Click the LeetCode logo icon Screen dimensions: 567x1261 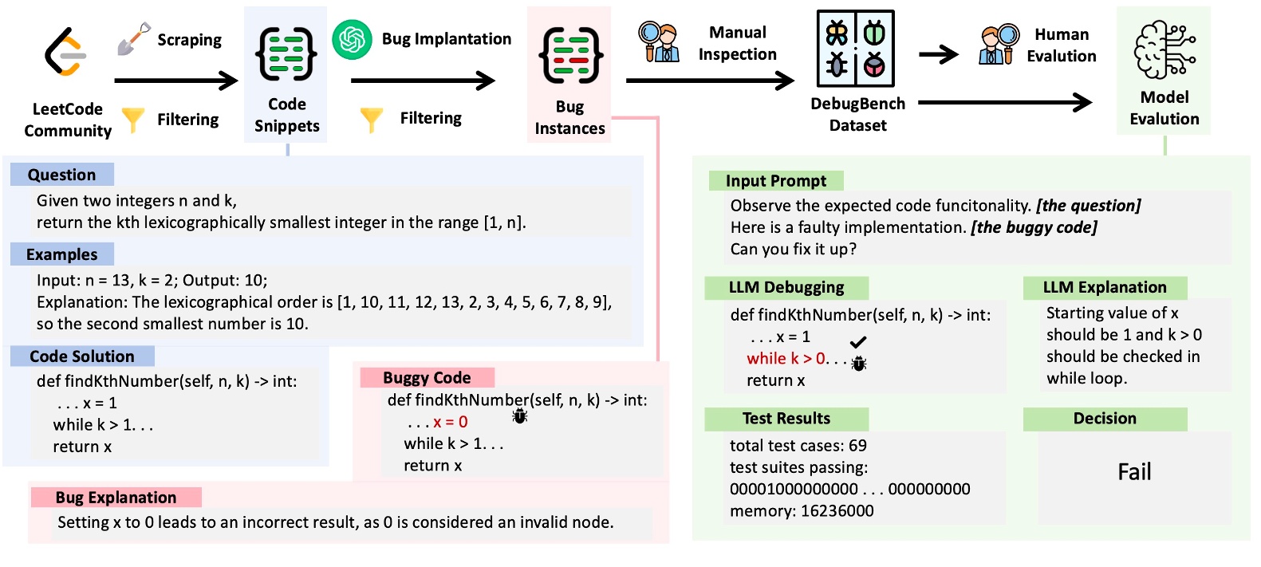coord(65,52)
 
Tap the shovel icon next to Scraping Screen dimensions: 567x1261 coord(133,38)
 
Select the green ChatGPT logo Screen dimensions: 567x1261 coord(352,39)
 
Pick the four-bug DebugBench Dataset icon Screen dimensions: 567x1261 coord(855,49)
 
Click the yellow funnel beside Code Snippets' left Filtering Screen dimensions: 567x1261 coord(132,120)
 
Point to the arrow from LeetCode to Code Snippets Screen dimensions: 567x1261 coord(176,80)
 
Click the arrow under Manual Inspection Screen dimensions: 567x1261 coord(710,80)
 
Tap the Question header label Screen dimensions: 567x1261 coord(61,175)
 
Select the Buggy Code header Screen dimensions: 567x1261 coord(427,377)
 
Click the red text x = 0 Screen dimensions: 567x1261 coord(451,422)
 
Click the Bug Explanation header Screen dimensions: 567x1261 coord(116,498)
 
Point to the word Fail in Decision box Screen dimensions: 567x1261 coord(1133,472)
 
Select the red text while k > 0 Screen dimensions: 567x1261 coord(786,358)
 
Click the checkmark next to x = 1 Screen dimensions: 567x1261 coord(858,341)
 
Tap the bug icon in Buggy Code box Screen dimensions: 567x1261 coord(519,415)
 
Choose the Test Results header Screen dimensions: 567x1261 coord(786,419)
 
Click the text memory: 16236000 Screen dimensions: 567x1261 coord(801,510)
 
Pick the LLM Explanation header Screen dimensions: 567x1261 coord(1104,287)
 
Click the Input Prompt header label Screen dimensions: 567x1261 coord(775,181)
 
